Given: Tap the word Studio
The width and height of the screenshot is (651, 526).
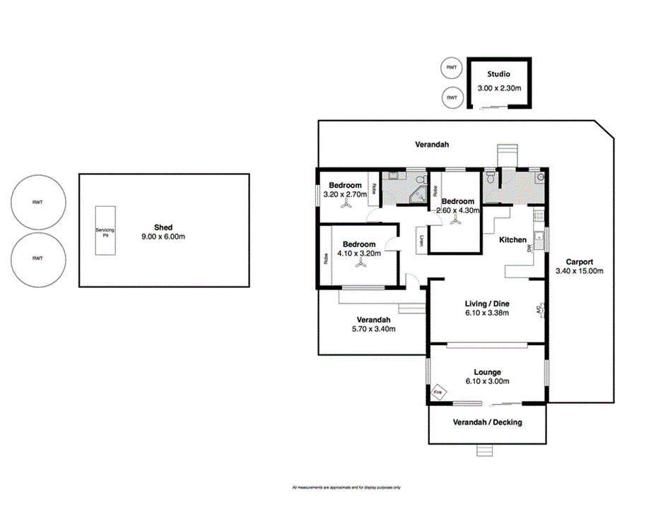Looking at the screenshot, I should pyautogui.click(x=498, y=74).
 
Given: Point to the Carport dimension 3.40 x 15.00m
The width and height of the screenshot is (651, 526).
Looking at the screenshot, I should pyautogui.click(x=580, y=271).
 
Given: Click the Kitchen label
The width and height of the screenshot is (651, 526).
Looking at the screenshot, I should pyautogui.click(x=513, y=240).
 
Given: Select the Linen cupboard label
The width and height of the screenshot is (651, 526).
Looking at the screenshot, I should pyautogui.click(x=422, y=240).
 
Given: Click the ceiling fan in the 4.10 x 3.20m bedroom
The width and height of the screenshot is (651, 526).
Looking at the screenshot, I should pyautogui.click(x=360, y=263).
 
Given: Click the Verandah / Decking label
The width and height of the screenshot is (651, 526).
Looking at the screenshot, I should pyautogui.click(x=487, y=423).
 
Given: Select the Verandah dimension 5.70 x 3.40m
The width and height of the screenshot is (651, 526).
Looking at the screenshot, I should pyautogui.click(x=373, y=328).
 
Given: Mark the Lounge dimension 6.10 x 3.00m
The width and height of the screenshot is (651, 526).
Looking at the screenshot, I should pyautogui.click(x=487, y=382).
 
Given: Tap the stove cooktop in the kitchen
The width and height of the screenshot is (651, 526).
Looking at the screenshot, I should pyautogui.click(x=539, y=215).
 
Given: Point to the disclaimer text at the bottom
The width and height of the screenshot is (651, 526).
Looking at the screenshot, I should pyautogui.click(x=346, y=488).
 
